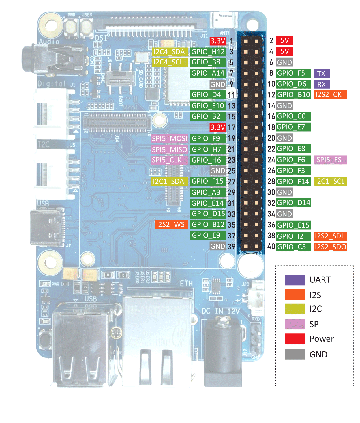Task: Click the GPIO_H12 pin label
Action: coord(208,52)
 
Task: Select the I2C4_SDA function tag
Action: coord(169,52)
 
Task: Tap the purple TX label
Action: coord(321,73)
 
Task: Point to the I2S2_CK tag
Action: coord(330,95)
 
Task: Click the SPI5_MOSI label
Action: coord(170,139)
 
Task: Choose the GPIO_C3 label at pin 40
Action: coord(293,247)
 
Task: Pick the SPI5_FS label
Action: coord(330,160)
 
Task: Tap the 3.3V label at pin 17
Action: coord(218,127)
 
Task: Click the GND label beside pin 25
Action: coord(218,171)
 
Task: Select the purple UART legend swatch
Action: coord(295,280)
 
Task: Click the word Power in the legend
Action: coord(322,339)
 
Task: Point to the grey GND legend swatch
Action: coord(295,354)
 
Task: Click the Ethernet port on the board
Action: coord(157,338)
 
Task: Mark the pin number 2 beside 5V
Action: coord(271,41)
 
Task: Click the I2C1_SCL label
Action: coord(330,182)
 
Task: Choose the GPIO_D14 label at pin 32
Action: coord(293,203)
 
